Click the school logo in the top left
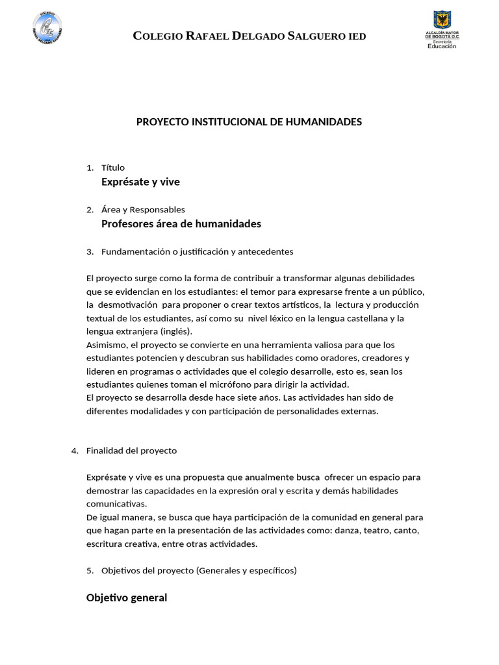coord(47,30)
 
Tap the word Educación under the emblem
coord(442,46)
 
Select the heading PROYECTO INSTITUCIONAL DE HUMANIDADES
coord(249,122)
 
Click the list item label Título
coord(113,168)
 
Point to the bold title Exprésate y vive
coord(140,182)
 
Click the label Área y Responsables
coord(143,210)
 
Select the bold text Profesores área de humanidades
coord(181,224)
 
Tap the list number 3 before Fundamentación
coord(90,251)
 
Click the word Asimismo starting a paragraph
coord(107,345)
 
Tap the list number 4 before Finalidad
coord(75,451)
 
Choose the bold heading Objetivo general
coord(127,598)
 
